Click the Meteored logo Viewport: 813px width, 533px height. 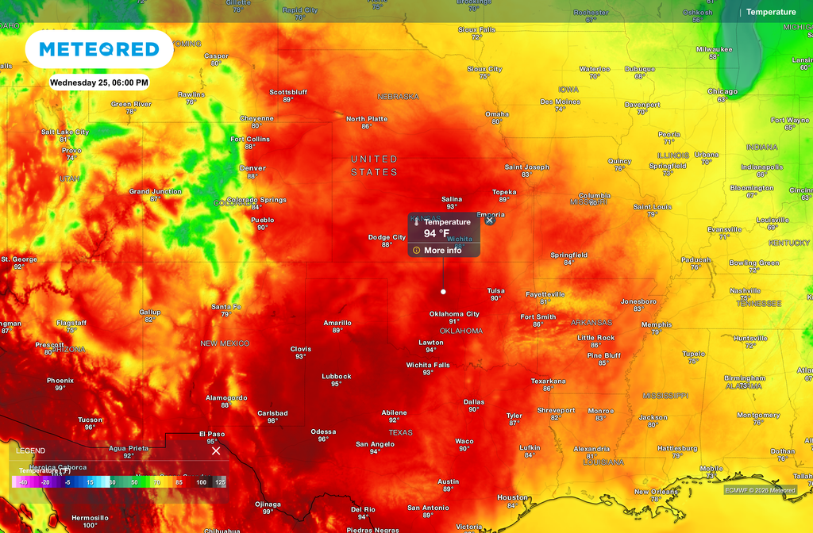(99, 49)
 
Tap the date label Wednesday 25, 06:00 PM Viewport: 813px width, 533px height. (99, 82)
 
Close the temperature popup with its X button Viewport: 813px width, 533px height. (489, 220)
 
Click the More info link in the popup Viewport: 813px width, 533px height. (442, 251)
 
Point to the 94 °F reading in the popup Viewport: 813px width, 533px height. (437, 234)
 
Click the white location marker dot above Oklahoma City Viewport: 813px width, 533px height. (443, 292)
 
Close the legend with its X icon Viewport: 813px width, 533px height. (216, 451)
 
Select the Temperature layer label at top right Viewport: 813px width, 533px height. (770, 12)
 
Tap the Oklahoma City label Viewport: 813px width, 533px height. (454, 314)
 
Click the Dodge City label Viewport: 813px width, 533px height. (387, 237)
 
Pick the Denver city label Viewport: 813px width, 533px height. (252, 168)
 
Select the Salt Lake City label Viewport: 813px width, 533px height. (65, 132)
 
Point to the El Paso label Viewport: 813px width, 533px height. (211, 434)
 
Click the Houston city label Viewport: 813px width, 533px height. (512, 497)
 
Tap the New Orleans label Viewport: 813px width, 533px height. (656, 492)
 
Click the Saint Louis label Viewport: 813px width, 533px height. (652, 207)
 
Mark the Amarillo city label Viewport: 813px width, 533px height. (337, 323)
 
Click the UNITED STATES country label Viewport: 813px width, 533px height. (374, 166)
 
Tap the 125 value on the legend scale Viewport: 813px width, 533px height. (219, 482)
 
